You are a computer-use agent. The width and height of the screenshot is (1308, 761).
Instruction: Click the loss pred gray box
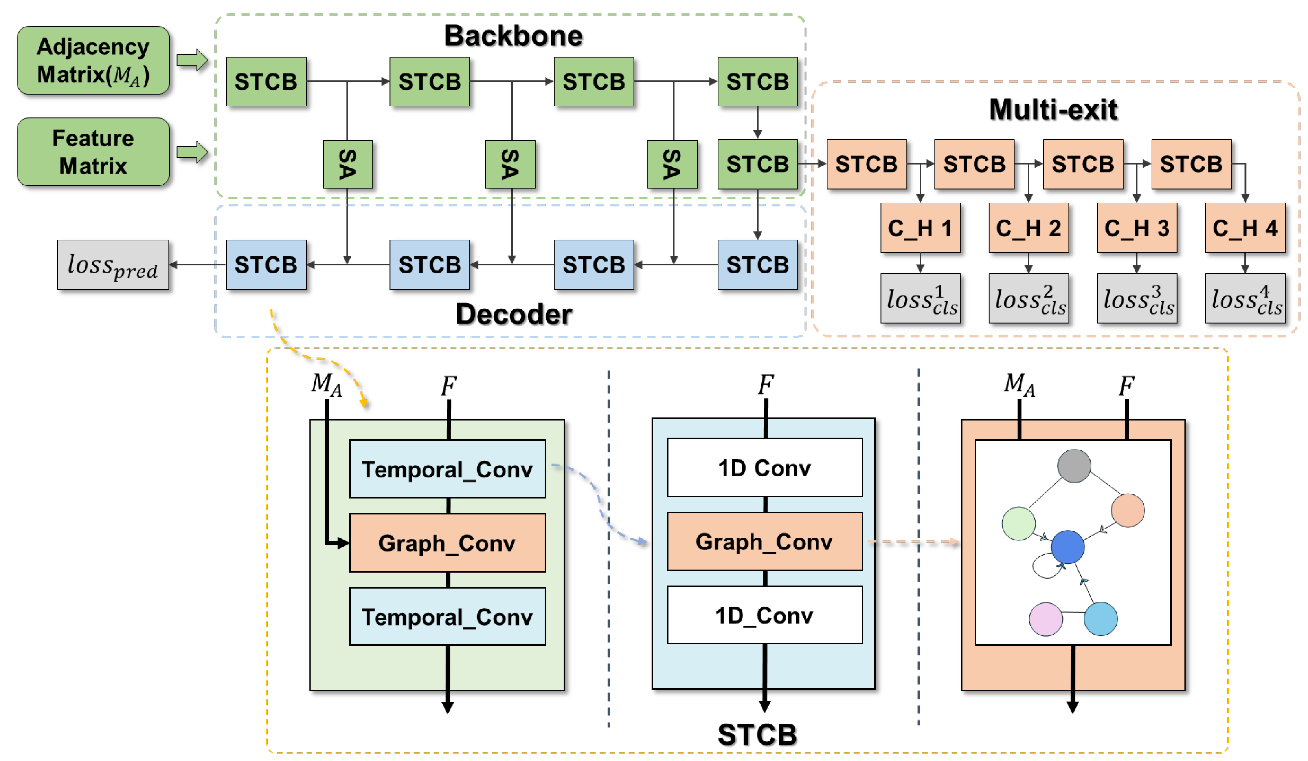[x=113, y=265]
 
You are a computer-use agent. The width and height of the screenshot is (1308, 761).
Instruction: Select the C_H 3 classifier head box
[x=1136, y=228]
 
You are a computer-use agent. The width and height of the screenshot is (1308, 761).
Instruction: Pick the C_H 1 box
[x=920, y=228]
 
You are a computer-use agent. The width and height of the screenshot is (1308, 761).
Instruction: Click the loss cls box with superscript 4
[x=1245, y=298]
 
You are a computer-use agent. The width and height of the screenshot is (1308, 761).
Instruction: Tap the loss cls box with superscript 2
[x=1028, y=298]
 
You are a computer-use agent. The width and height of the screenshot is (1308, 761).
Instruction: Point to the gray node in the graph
[x=1073, y=466]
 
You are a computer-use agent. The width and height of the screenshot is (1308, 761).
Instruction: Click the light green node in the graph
[x=1018, y=523]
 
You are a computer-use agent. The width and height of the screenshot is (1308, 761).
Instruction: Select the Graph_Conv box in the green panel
[x=447, y=543]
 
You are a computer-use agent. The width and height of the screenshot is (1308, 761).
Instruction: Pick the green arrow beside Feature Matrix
[x=192, y=152]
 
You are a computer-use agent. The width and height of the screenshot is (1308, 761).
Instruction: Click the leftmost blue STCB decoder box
[x=266, y=265]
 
